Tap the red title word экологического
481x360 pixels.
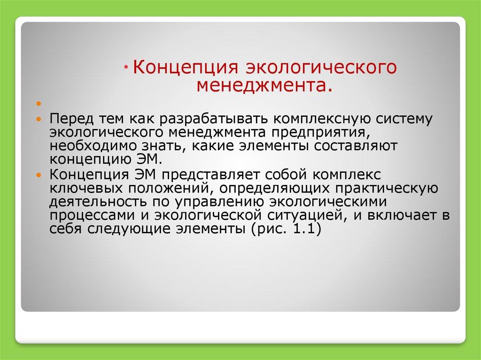tap(321, 68)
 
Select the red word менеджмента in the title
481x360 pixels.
tap(261, 85)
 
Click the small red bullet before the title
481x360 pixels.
tap(127, 68)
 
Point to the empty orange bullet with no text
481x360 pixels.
tap(39, 104)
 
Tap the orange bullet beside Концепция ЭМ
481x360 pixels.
tap(39, 175)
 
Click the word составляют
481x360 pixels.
tap(355, 146)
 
